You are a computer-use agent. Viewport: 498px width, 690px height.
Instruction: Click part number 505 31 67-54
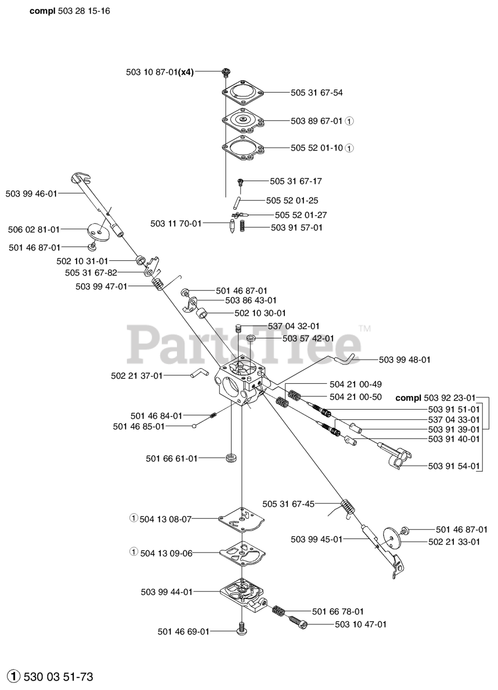(x=316, y=93)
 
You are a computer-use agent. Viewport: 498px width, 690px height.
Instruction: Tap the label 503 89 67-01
(x=316, y=121)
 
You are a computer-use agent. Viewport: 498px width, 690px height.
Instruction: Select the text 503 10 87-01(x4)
(x=160, y=71)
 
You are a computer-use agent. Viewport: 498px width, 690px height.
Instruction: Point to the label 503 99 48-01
(x=405, y=360)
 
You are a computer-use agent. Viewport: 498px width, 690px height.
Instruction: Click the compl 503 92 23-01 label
(x=435, y=398)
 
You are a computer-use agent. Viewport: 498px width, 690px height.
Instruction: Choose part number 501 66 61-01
(x=172, y=458)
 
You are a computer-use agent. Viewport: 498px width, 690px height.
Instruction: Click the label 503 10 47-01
(x=360, y=624)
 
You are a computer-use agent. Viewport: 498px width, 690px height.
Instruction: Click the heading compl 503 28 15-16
(x=70, y=11)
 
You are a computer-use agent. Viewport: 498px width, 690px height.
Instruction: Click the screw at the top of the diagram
(x=226, y=71)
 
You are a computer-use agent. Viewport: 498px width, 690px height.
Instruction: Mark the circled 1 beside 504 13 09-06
(x=134, y=551)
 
